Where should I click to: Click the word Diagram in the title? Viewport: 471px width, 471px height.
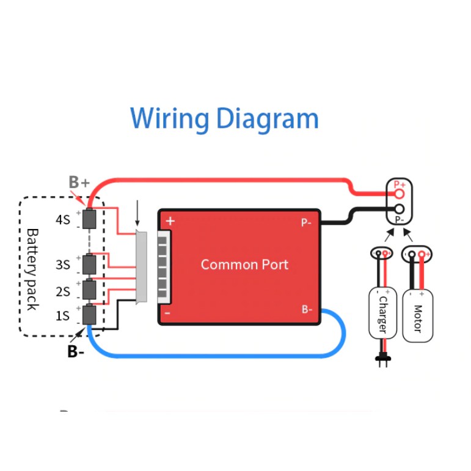[266, 119]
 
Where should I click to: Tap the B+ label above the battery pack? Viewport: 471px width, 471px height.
[79, 182]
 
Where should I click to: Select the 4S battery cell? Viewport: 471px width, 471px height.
[90, 219]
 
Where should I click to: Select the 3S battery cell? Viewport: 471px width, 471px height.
[90, 265]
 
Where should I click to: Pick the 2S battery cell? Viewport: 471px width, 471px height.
[90, 288]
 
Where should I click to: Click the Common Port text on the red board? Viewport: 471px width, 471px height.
[244, 265]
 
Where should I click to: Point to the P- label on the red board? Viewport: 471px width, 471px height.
[306, 223]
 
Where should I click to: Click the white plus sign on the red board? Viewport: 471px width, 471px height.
[170, 221]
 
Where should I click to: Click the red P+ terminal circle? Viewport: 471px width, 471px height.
[400, 194]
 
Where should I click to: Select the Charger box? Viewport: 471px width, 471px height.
[382, 313]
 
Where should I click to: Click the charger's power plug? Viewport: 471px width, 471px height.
[382, 360]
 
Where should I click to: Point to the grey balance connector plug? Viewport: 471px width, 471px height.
[142, 268]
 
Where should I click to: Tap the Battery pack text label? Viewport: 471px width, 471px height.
[32, 269]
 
